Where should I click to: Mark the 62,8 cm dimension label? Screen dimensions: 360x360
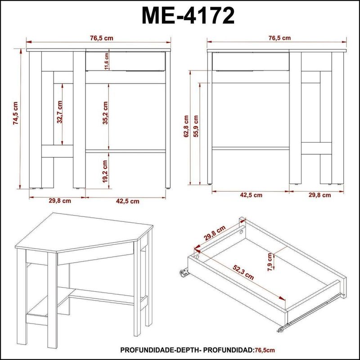(x=185, y=127)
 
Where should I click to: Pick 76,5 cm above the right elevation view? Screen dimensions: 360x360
(x=279, y=38)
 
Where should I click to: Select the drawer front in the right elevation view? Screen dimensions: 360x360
(x=250, y=62)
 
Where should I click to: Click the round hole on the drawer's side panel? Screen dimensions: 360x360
(x=242, y=232)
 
